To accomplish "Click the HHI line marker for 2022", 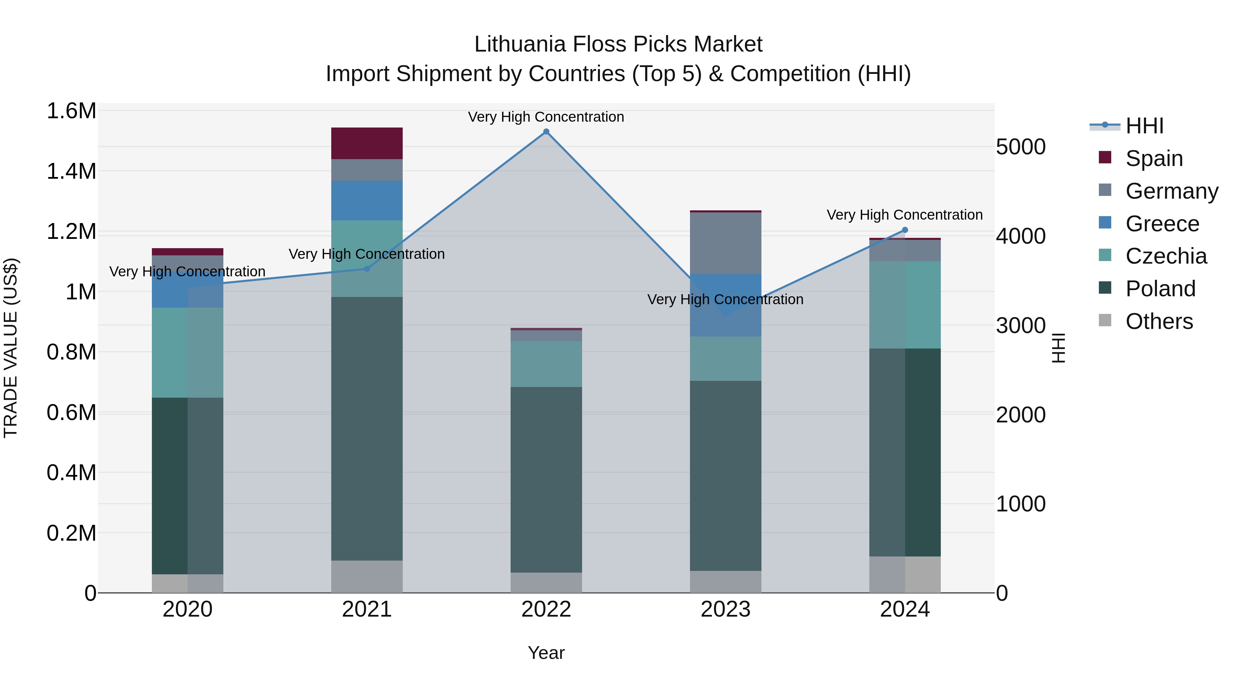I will click(x=546, y=132).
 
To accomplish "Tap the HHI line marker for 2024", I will click(x=905, y=230).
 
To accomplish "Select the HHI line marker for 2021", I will click(x=367, y=269).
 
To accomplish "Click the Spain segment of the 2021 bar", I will click(x=367, y=143).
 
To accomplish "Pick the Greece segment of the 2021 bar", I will click(x=367, y=200).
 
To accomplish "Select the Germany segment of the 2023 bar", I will click(x=726, y=243).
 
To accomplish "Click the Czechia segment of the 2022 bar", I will click(x=546, y=364).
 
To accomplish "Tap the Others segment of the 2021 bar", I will click(x=367, y=576).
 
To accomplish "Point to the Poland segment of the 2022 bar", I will click(x=546, y=479).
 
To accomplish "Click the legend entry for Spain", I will click(x=1154, y=158).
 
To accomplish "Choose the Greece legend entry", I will click(x=1162, y=224).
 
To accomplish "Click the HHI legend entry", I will click(x=1144, y=126).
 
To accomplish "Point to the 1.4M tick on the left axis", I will click(x=71, y=172).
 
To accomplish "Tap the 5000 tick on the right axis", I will click(x=1021, y=147).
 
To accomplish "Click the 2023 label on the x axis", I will click(x=726, y=609).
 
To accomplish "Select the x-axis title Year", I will click(x=546, y=653).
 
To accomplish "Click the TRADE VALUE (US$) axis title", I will click(x=11, y=348).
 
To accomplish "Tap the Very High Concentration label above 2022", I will click(x=546, y=117).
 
